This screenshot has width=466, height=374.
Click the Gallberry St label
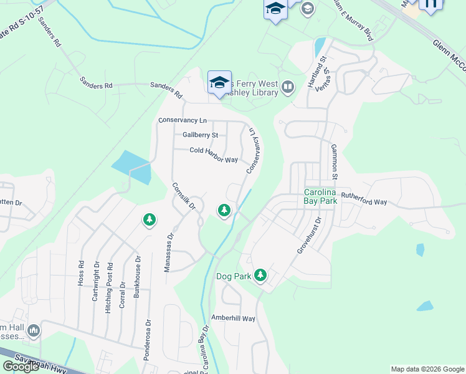(200, 135)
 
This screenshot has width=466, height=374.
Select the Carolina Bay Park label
(320, 196)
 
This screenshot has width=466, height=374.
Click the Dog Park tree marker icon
(260, 275)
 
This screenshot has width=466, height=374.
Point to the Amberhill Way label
(233, 319)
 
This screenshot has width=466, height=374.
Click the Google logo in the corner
(21, 367)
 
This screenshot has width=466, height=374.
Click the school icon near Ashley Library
(219, 82)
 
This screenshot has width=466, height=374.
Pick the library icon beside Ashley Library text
(287, 87)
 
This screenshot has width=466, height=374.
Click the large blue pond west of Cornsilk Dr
(132, 167)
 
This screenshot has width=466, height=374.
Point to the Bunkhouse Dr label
(138, 277)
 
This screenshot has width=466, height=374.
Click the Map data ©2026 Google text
(427, 369)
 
